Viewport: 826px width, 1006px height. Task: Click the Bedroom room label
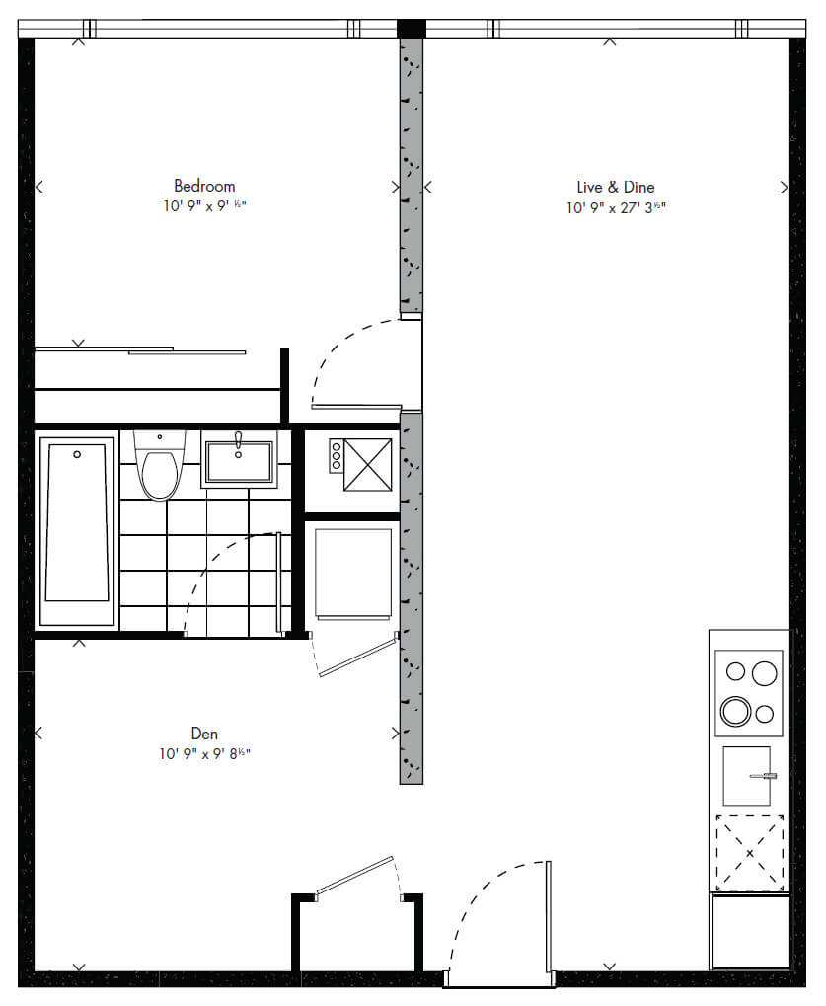[204, 186]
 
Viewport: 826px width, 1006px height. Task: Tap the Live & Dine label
[616, 188]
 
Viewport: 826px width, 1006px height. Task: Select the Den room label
[204, 734]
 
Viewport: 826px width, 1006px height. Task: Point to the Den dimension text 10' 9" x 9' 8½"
[204, 754]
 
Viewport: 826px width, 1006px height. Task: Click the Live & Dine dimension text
[616, 208]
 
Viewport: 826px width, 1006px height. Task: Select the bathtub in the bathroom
[77, 531]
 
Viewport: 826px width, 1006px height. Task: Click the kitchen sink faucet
[763, 776]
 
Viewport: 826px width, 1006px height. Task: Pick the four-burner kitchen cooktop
[749, 694]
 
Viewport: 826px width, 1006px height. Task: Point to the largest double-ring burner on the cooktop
[735, 712]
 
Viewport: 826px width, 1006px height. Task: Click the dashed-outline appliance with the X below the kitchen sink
[750, 853]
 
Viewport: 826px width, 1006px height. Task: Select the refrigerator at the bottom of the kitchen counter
[750, 932]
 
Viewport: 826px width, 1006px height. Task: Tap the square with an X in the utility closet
[367, 465]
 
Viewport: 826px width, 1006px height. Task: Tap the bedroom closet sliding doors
[140, 350]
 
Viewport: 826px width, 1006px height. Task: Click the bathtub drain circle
[77, 454]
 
